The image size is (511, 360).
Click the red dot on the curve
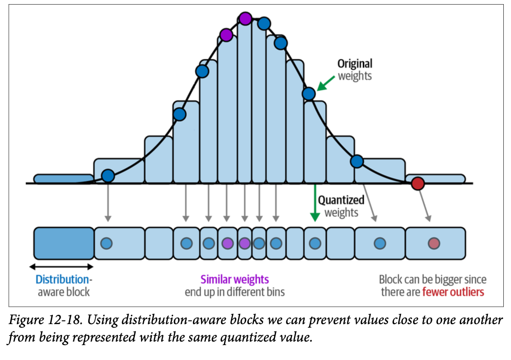pos(418,183)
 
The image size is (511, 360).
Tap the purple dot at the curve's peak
pos(245,18)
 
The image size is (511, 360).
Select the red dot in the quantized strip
pos(434,243)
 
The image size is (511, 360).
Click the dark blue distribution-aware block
pos(64,243)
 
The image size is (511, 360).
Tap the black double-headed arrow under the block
pos(61,266)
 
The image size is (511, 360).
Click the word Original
pos(355,64)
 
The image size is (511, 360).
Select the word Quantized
pos(341,200)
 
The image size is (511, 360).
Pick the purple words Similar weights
pos(234,279)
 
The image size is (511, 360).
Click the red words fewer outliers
pos(453,292)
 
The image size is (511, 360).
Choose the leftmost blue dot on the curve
pos(108,176)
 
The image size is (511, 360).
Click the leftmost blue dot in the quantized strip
pos(107,243)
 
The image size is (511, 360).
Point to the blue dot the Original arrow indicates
pos(308,93)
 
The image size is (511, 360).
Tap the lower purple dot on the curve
pos(226,35)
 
